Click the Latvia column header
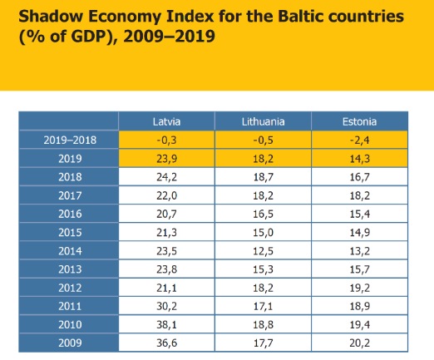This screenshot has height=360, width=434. coord(166,121)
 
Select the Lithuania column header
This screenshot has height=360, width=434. coord(263,121)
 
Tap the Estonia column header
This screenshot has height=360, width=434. coord(359,121)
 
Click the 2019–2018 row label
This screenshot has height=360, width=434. coord(70,140)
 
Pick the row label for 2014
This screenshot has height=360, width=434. coord(70,251)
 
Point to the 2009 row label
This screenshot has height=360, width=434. coord(70,343)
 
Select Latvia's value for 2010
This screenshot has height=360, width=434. coord(166,324)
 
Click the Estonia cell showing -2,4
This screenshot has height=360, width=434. coord(359,141)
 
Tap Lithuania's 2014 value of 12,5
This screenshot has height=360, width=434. coord(263,251)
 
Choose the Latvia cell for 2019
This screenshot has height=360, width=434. coord(166,159)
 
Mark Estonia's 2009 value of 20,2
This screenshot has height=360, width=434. coord(359,343)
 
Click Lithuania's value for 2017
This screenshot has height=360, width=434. coord(263,195)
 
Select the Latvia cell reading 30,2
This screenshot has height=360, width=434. coord(166,306)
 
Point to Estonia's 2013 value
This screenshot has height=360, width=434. coord(359,269)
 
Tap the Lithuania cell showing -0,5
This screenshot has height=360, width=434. coord(263,141)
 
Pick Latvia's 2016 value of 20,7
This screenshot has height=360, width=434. coord(166,214)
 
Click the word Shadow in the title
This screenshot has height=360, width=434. coord(51,16)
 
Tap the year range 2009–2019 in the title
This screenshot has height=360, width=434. coord(169,37)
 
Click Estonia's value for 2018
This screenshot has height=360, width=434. coord(359,177)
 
